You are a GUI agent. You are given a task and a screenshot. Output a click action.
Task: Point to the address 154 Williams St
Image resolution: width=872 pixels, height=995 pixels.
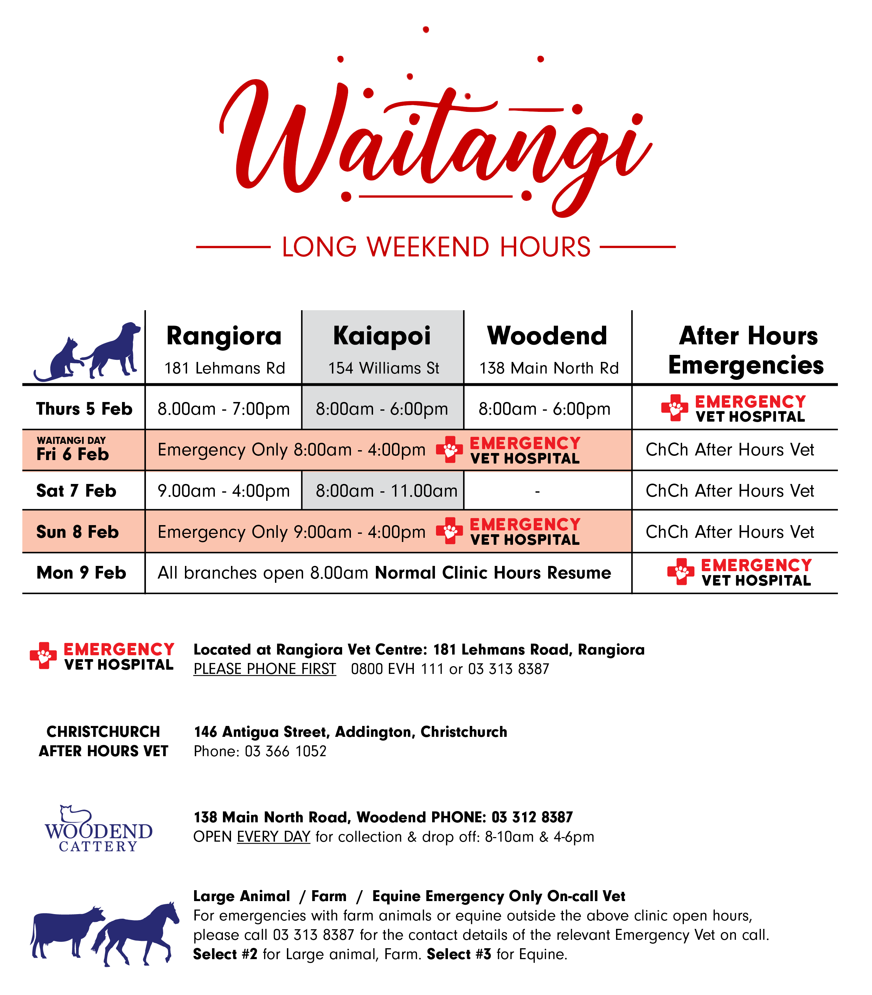[x=384, y=368]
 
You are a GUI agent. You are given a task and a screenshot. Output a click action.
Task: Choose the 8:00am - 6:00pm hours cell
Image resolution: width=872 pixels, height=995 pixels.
[x=382, y=409]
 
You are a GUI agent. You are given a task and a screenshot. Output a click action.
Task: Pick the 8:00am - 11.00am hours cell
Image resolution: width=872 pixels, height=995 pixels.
[x=386, y=491]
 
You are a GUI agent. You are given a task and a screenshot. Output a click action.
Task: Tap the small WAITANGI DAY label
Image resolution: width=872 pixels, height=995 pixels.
[x=71, y=440]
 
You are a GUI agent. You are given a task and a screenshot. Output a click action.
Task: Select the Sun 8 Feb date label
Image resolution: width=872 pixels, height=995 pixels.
[x=77, y=531]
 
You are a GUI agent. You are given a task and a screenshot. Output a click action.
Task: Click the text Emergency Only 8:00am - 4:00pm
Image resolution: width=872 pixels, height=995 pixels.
[x=291, y=450]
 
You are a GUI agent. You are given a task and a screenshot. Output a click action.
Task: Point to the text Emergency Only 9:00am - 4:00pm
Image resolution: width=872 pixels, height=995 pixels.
[x=291, y=532]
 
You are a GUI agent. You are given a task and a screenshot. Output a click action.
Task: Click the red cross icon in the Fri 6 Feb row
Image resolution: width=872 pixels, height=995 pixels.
[x=449, y=449]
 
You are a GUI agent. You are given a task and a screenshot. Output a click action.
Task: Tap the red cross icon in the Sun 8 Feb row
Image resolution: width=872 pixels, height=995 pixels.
[x=449, y=531]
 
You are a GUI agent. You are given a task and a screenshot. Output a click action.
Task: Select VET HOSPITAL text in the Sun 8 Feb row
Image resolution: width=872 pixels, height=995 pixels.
[x=525, y=540]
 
